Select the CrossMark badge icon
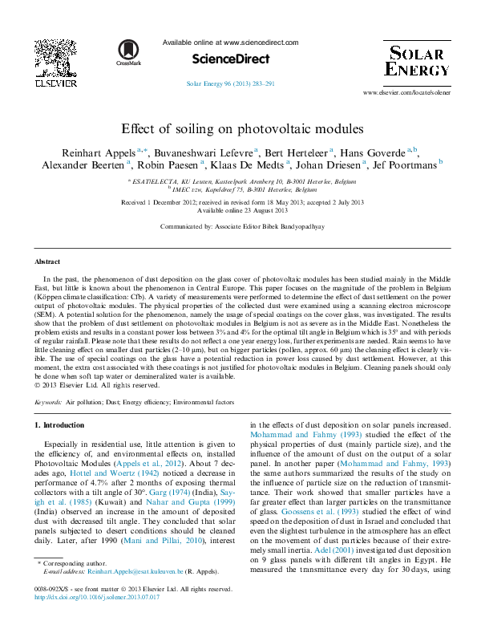pyautogui.click(x=128, y=52)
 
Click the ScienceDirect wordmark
pyautogui.click(x=230, y=59)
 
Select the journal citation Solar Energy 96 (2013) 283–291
pyautogui.click(x=230, y=83)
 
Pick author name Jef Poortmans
pyautogui.click(x=402, y=164)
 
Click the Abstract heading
pyautogui.click(x=47, y=262)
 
